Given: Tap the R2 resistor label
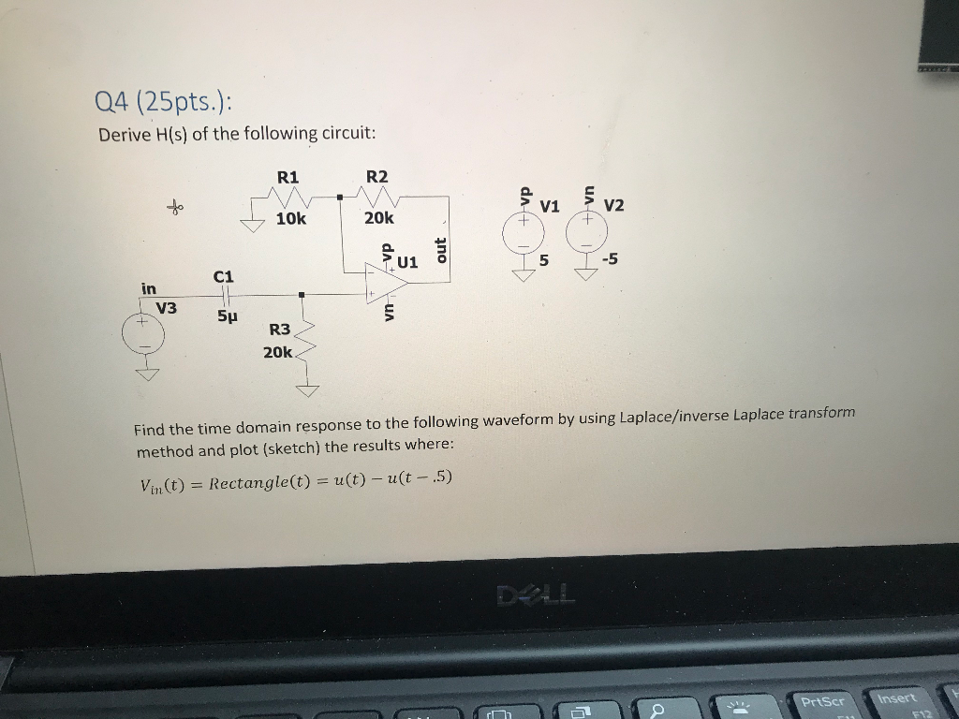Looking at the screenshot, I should pyautogui.click(x=376, y=177).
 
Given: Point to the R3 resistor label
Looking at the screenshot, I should pyautogui.click(x=279, y=330).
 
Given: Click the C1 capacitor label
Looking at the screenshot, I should pyautogui.click(x=223, y=276).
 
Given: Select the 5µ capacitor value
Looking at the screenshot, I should pyautogui.click(x=228, y=317).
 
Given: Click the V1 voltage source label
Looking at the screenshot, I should pyautogui.click(x=550, y=206).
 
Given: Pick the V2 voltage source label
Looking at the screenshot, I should pyautogui.click(x=614, y=205).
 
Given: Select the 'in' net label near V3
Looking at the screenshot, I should pyautogui.click(x=149, y=287).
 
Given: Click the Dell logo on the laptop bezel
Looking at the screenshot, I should pyautogui.click(x=539, y=593).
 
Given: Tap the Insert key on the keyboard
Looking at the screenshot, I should pyautogui.click(x=897, y=698).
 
